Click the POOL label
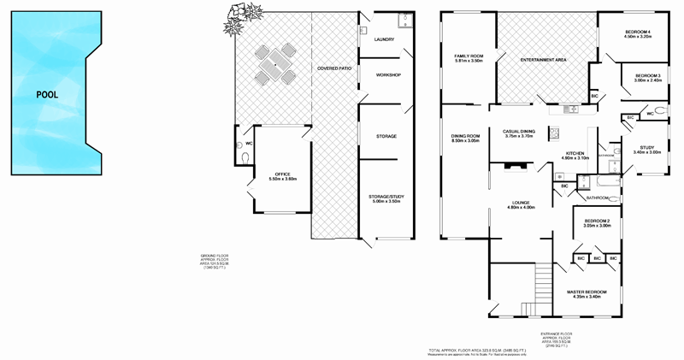pos(46,94)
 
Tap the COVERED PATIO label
pos(334,68)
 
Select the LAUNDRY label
pos(382,39)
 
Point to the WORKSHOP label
pos(387,75)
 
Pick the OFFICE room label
pos(282,175)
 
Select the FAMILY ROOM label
pos(469,57)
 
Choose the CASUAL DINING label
pos(519,132)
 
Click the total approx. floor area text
pos(477,350)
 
